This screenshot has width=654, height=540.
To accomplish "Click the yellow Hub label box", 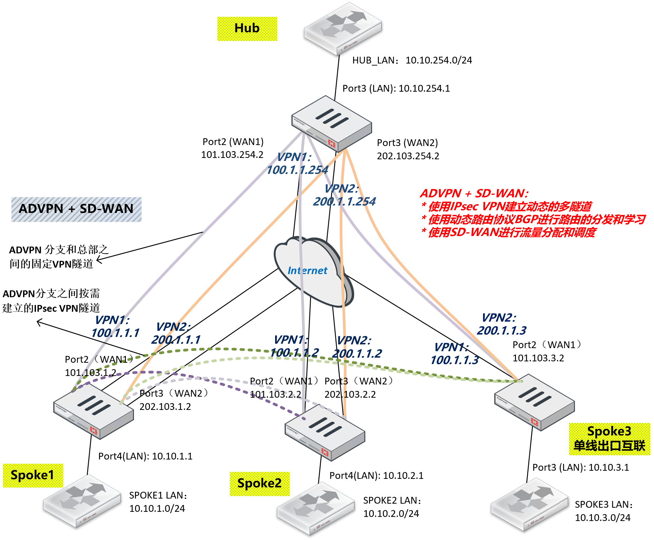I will pyautogui.click(x=247, y=29).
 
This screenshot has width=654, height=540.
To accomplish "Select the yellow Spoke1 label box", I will pyautogui.click(x=33, y=475).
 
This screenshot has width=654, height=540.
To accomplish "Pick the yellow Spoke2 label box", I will pyautogui.click(x=259, y=483).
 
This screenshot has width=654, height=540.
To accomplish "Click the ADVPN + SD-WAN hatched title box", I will pyautogui.click(x=76, y=209).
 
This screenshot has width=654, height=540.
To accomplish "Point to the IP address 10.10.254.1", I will pyautogui.click(x=424, y=89).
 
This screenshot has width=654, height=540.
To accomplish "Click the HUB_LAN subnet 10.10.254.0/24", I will pyautogui.click(x=439, y=60).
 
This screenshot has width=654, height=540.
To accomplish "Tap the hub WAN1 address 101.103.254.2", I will pyautogui.click(x=232, y=155).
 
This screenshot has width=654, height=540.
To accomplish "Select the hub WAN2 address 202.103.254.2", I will pyautogui.click(x=408, y=156).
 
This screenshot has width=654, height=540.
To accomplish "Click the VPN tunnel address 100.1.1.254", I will pyautogui.click(x=297, y=170).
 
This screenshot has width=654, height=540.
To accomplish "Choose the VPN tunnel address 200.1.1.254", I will pyautogui.click(x=344, y=202).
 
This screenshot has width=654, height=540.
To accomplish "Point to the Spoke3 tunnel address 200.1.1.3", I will pyautogui.click(x=502, y=330).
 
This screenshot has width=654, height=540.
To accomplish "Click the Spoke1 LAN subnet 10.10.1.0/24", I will pyautogui.click(x=157, y=509).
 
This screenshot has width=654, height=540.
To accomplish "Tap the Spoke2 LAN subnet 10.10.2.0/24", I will pyautogui.click(x=391, y=514).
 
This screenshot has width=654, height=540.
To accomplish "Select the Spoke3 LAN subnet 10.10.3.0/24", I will pyautogui.click(x=602, y=518).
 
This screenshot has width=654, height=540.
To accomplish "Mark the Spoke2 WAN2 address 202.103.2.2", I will pyautogui.click(x=350, y=395).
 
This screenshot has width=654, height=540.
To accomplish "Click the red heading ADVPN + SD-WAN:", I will pyautogui.click(x=474, y=194).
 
